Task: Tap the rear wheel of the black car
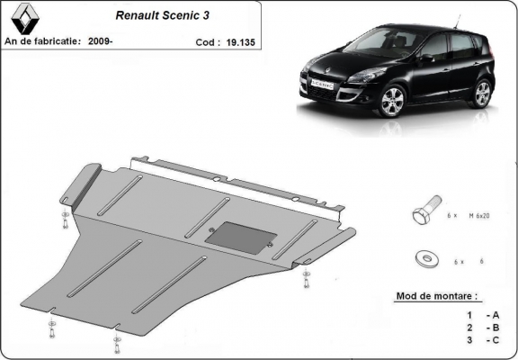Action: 482,93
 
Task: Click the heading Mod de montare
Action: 437,296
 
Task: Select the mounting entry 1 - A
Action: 483,315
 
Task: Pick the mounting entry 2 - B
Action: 483,328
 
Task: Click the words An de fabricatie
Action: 42,41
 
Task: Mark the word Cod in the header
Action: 206,42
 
